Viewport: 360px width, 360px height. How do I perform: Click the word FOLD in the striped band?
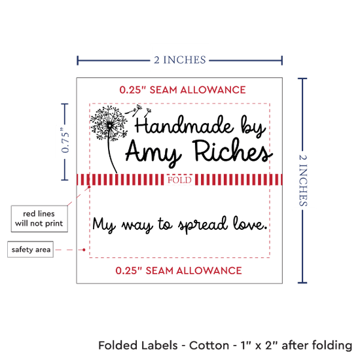[x=179, y=180]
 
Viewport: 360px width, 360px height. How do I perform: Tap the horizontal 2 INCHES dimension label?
[x=180, y=60]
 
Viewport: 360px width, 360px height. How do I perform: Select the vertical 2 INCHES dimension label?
[x=303, y=180]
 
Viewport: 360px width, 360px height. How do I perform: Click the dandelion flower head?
[x=109, y=123]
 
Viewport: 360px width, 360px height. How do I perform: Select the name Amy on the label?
[x=154, y=152]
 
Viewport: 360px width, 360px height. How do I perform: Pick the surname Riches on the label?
[x=232, y=151]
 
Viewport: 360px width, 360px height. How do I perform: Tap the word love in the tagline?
[x=250, y=223]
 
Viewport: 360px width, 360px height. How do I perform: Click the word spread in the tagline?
[x=203, y=225]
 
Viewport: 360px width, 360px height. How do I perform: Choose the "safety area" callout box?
[x=31, y=249]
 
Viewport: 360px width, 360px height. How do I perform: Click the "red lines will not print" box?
[x=39, y=219]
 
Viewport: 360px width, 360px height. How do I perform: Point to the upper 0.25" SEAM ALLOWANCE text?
[x=183, y=90]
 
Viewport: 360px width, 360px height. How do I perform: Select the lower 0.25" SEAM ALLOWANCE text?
[x=179, y=270]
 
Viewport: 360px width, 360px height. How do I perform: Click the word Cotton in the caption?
[x=209, y=346]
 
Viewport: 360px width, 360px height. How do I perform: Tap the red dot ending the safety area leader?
[x=84, y=249]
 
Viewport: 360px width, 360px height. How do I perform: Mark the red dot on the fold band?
[x=89, y=187]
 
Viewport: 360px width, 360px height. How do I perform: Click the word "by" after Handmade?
[x=253, y=126]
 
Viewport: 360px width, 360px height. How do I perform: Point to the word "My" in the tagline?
[x=103, y=225]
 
